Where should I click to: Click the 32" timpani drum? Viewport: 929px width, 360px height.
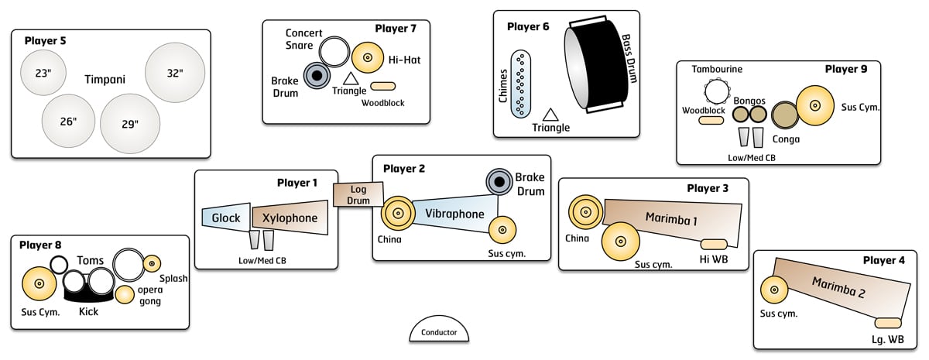point(174,72)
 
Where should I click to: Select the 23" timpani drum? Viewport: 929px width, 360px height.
point(43,74)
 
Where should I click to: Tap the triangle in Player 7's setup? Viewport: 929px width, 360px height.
point(350,79)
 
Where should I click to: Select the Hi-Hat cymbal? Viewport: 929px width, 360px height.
point(368,57)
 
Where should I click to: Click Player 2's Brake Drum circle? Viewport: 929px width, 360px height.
point(500,181)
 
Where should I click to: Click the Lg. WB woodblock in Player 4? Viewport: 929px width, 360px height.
point(888,324)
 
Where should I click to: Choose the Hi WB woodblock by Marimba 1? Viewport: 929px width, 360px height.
point(713,245)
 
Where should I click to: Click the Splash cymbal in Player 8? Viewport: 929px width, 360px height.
point(152,263)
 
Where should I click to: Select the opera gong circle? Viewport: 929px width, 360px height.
point(125,294)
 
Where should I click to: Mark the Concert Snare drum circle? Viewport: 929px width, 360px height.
point(335,52)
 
